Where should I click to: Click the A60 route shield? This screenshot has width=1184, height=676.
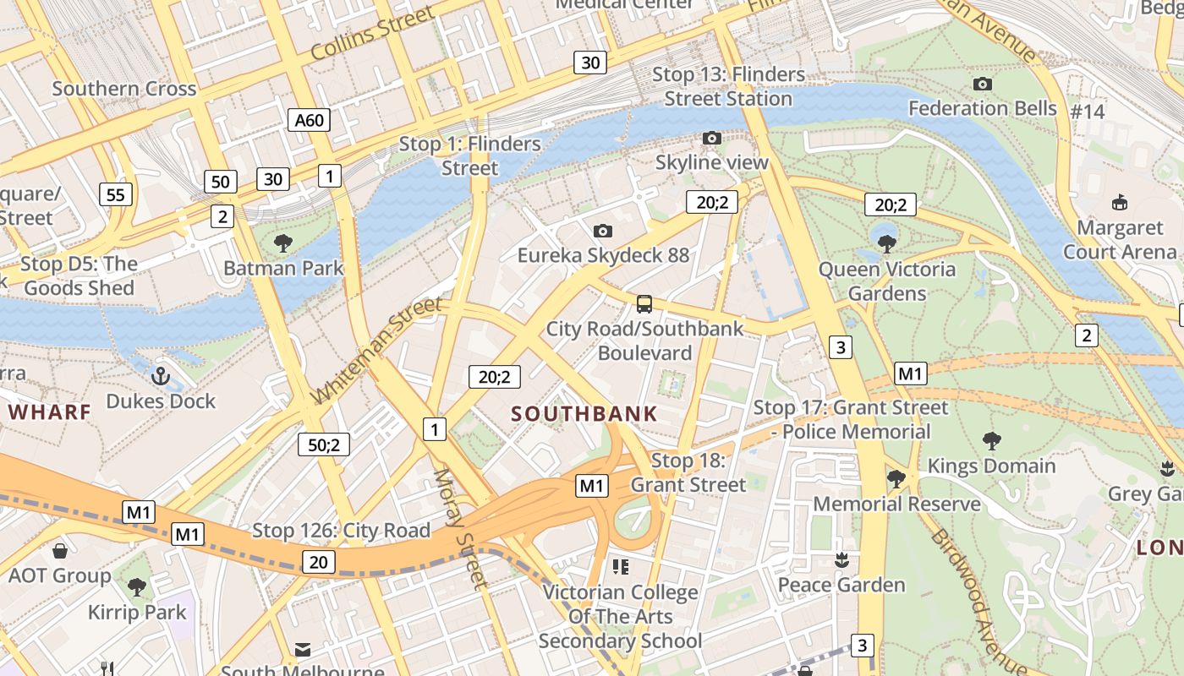coord(309,120)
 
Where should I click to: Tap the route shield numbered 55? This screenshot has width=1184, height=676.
coord(116,195)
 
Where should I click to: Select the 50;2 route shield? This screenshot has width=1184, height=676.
coord(324,444)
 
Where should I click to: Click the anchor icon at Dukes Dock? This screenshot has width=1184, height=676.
coord(161,375)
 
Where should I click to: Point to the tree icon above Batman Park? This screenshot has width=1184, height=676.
coord(283,243)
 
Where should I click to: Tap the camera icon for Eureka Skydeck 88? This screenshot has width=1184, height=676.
coord(603,231)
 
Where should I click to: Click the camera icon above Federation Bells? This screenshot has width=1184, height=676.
coord(982,84)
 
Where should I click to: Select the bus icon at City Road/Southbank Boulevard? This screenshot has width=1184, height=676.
coord(644,303)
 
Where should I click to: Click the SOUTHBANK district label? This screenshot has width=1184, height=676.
coord(584,414)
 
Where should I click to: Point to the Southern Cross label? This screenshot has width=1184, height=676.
coord(124,89)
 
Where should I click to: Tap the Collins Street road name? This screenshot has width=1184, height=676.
coord(372,34)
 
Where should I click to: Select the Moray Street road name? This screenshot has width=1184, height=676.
coord(460,528)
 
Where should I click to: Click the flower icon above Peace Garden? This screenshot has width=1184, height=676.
coord(841,559)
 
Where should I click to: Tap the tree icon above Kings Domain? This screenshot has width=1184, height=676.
coord(992,440)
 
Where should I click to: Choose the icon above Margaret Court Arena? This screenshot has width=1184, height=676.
coord(1120,202)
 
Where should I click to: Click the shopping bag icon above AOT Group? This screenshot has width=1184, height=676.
coord(60,551)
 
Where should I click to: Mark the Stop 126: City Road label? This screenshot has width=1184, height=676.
coord(341,531)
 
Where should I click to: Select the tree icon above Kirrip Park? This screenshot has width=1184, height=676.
coord(136,587)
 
